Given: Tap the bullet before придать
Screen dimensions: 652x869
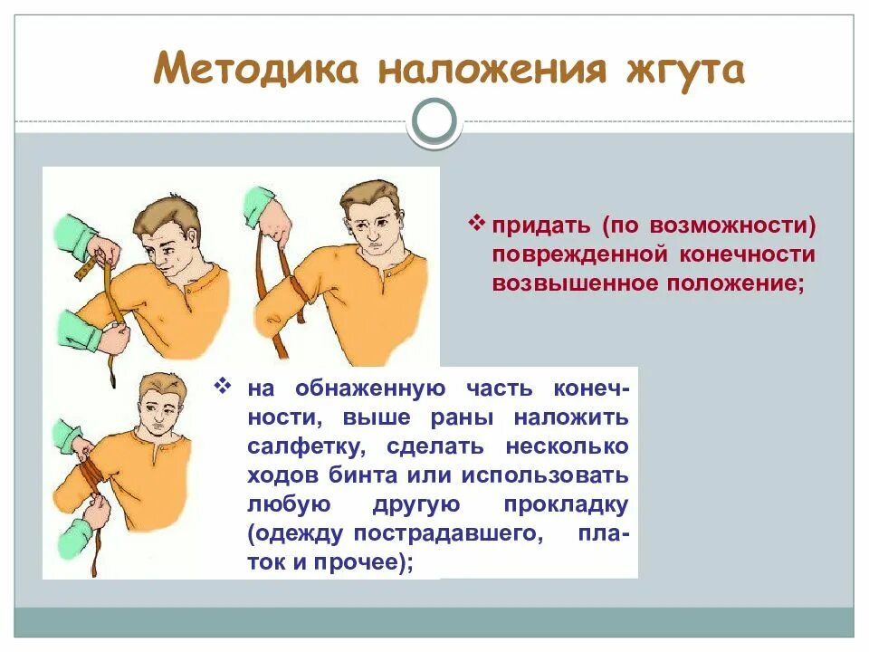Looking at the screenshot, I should click(x=477, y=223).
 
